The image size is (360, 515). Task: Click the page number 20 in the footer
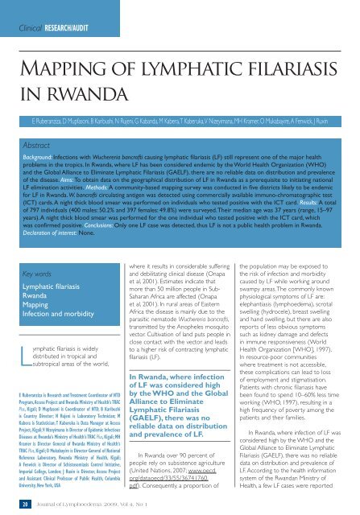(27, 504)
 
